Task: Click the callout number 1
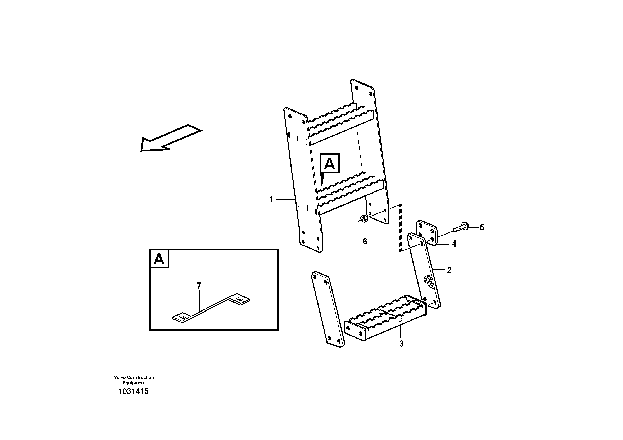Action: coord(271,199)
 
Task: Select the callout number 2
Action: coord(449,270)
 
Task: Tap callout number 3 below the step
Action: coord(401,344)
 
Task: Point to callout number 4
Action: coord(454,244)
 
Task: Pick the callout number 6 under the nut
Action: coord(365,241)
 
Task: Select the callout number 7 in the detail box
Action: coord(199,286)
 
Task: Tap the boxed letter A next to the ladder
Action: coord(330,163)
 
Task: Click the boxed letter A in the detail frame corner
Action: coord(159,259)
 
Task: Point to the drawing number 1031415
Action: coord(134,391)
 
